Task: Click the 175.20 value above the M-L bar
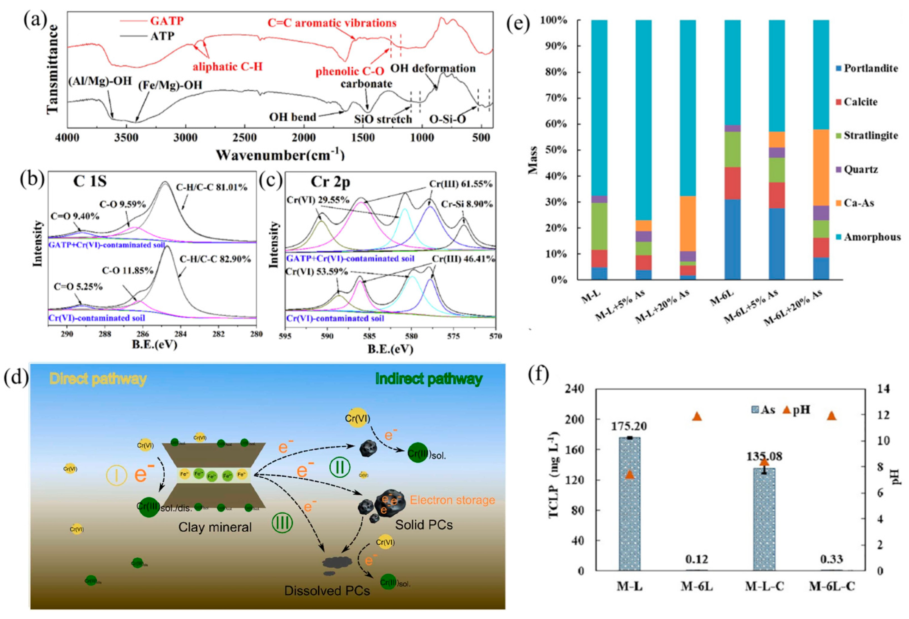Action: (x=629, y=426)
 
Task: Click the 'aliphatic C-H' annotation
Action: (x=228, y=67)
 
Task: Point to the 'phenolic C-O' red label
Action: (x=350, y=71)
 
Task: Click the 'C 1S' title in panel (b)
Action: (x=90, y=181)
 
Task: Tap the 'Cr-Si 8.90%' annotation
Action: (x=466, y=204)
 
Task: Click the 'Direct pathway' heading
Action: (x=98, y=379)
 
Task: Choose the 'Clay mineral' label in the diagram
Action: (x=215, y=527)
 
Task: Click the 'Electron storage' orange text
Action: (x=452, y=500)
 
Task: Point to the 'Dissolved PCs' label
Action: (x=327, y=590)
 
